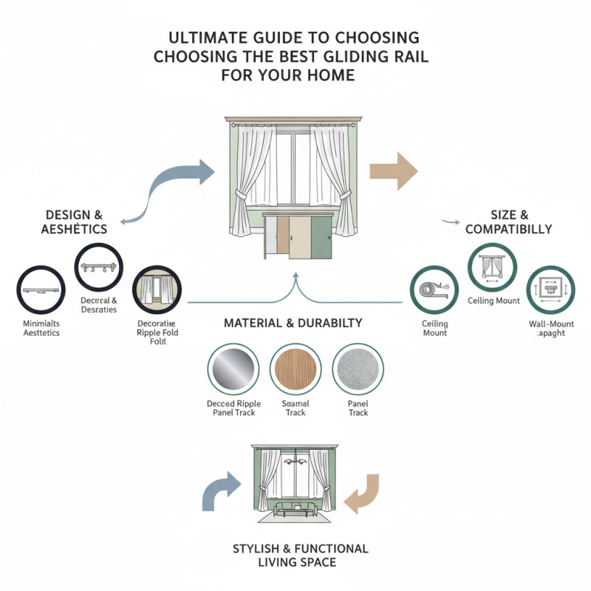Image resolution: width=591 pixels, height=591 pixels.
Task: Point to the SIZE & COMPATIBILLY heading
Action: (508, 222)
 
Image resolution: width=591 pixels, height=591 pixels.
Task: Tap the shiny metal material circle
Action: (233, 367)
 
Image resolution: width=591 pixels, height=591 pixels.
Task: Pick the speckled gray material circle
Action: (358, 367)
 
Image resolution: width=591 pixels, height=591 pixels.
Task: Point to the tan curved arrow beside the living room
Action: (363, 493)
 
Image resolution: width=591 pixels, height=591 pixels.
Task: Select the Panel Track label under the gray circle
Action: (358, 409)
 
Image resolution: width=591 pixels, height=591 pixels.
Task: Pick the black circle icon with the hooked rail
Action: (99, 267)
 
